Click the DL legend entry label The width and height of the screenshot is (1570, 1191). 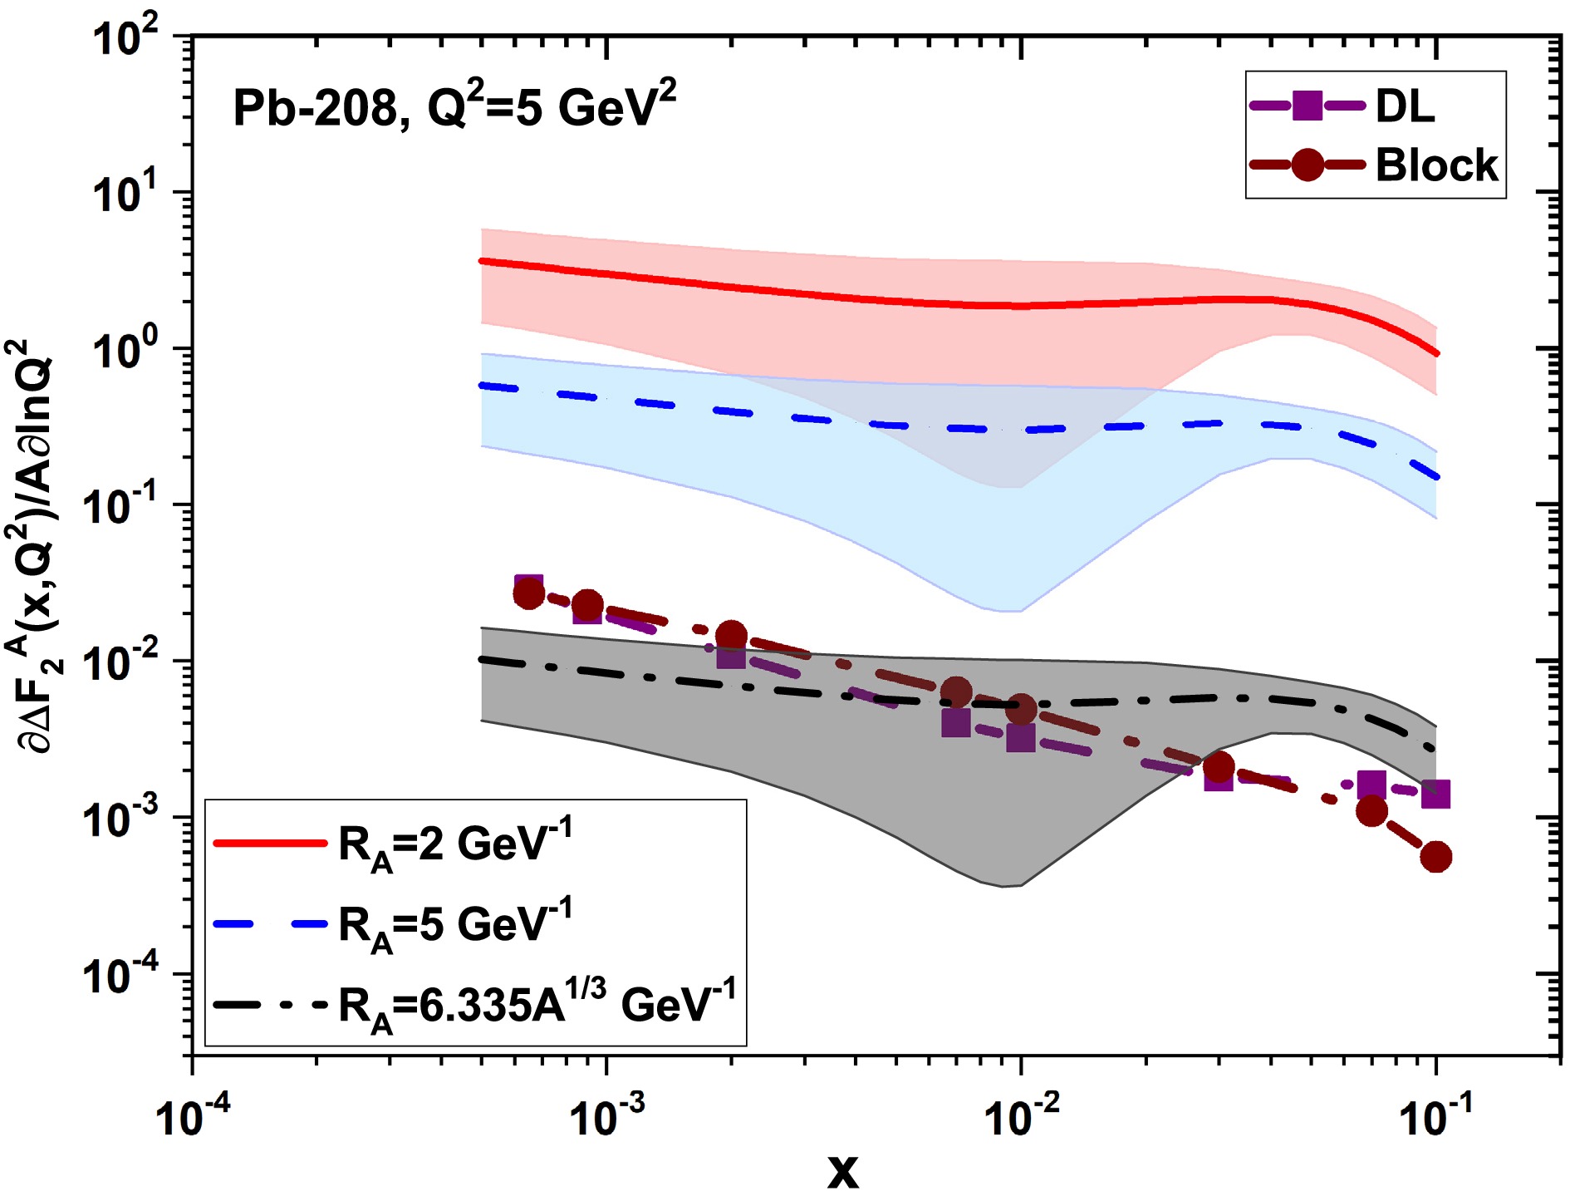pos(1405,106)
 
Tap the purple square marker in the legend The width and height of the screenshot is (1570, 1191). pos(1308,106)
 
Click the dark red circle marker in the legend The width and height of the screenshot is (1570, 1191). pos(1308,165)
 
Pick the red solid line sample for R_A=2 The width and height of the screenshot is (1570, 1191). pos(270,843)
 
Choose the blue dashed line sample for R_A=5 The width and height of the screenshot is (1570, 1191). pos(270,923)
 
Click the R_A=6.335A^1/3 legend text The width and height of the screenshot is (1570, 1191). pos(537,1004)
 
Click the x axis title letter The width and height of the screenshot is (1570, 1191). pos(842,1170)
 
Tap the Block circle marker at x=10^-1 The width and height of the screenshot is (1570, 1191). pos(1436,857)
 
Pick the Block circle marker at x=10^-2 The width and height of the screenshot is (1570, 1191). pos(1022,709)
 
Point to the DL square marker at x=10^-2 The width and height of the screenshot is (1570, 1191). pos(1021,737)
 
